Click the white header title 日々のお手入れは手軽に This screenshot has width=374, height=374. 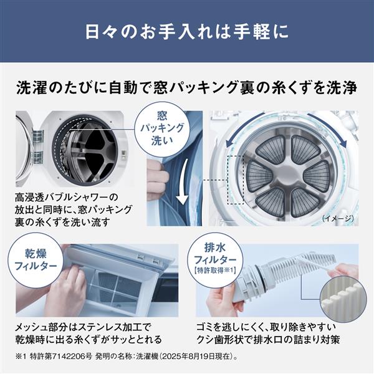point(186,31)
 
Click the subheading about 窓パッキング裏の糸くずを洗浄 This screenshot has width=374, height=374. point(187,88)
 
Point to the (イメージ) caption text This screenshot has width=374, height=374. point(339,219)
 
